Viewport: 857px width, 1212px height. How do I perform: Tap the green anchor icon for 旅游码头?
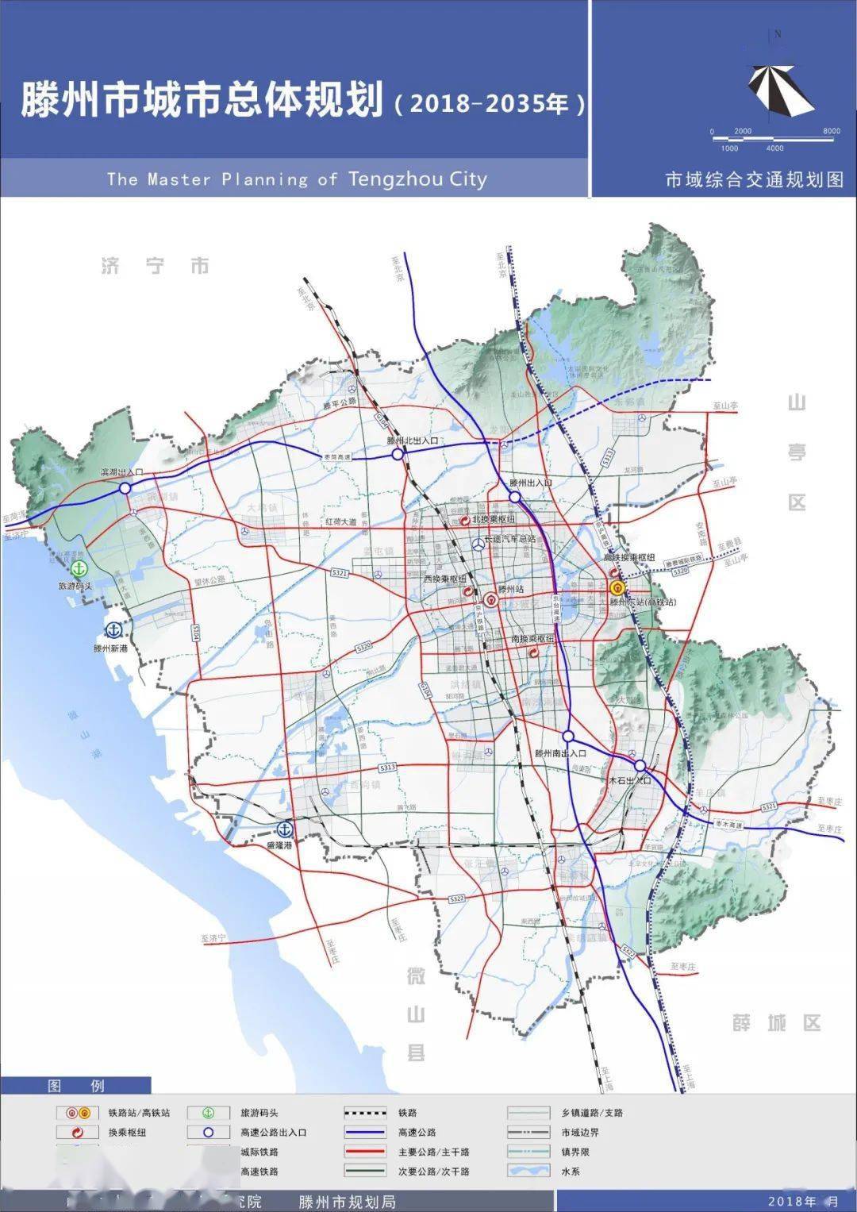[79, 568]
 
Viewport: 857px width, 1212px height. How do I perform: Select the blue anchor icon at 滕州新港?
[113, 630]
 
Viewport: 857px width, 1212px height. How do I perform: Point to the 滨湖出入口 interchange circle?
[125, 488]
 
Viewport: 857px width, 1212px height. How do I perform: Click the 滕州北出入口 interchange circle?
[397, 454]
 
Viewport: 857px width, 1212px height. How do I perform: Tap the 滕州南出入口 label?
[560, 753]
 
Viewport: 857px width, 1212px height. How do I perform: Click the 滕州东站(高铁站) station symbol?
[617, 588]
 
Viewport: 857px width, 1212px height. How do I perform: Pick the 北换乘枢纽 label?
[494, 519]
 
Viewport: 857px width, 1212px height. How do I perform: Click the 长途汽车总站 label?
[510, 539]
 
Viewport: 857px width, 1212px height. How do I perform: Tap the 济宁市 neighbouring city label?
[156, 266]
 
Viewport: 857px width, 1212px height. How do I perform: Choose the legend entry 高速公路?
[417, 1133]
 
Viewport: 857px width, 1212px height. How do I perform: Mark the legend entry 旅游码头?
[259, 1113]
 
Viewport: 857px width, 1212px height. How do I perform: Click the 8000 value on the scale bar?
[831, 131]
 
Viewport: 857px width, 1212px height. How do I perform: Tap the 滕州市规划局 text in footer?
[347, 1202]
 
